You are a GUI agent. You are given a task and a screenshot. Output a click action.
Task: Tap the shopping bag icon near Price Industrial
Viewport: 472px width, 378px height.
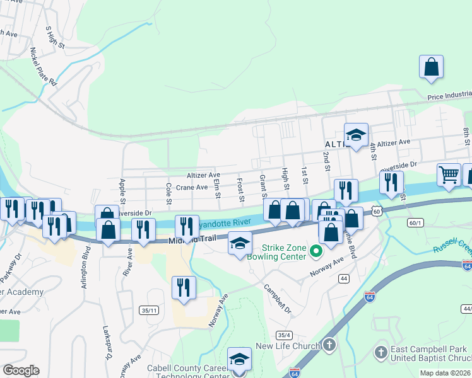[431, 67]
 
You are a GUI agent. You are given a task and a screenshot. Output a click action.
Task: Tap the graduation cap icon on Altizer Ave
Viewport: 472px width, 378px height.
[356, 135]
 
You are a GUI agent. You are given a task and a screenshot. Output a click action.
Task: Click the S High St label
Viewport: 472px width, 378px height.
[55, 38]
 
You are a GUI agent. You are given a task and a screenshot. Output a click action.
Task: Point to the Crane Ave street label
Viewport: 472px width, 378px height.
[192, 187]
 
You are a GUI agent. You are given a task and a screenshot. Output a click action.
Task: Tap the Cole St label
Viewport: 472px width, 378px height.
[168, 194]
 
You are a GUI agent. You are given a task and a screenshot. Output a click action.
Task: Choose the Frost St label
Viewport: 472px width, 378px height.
[240, 190]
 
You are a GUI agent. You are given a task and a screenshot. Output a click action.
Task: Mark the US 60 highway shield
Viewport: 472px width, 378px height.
[376, 212]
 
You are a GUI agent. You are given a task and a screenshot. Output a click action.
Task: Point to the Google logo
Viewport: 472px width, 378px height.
[21, 370]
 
